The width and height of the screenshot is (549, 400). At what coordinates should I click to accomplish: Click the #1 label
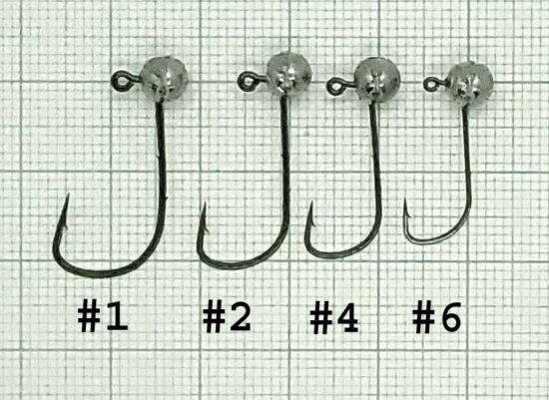click(104, 317)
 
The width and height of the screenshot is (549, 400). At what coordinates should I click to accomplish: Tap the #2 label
click(227, 317)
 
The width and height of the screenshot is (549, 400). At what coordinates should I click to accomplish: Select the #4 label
click(333, 317)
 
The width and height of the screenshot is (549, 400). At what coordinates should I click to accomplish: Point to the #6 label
click(438, 317)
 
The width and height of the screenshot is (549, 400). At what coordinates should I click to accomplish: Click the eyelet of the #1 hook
click(117, 74)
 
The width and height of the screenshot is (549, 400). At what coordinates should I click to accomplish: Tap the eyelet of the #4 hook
click(333, 86)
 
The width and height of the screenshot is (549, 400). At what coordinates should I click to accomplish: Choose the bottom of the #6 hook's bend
click(429, 240)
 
